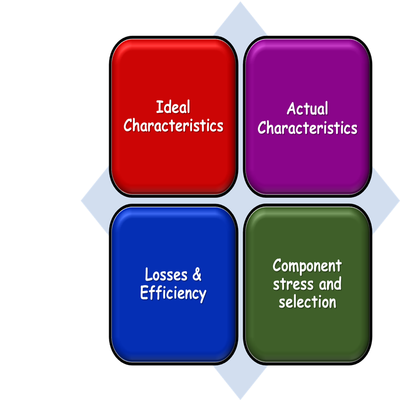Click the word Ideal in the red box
(x=173, y=108)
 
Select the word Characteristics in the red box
(x=173, y=126)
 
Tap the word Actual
(x=307, y=109)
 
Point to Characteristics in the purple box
(x=307, y=128)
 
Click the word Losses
(x=162, y=274)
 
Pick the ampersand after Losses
(x=196, y=274)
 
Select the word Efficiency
(x=173, y=293)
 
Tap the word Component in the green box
(x=307, y=265)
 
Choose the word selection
(x=307, y=301)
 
